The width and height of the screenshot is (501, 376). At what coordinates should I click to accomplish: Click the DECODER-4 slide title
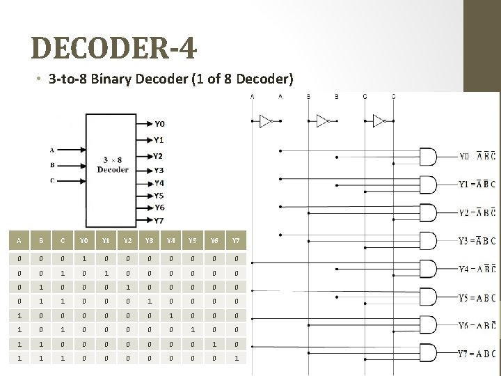pos(114,49)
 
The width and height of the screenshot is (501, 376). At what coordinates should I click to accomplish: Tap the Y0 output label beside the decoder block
pos(159,125)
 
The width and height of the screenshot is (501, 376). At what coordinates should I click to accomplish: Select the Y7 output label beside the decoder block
pos(159,221)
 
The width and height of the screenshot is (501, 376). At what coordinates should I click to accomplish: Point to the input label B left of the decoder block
pos(51,165)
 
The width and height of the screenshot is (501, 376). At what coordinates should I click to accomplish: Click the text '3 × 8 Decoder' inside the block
pos(113,164)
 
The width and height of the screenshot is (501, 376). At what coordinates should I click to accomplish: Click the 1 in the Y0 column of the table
pos(83,259)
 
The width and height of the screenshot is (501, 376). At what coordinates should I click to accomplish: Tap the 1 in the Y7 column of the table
pos(236,358)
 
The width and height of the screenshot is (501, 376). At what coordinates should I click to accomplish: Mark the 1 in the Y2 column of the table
pos(129,287)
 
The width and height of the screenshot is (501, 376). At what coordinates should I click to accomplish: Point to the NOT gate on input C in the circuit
pos(380,121)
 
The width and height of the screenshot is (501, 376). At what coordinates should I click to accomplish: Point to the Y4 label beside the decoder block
pos(159,183)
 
